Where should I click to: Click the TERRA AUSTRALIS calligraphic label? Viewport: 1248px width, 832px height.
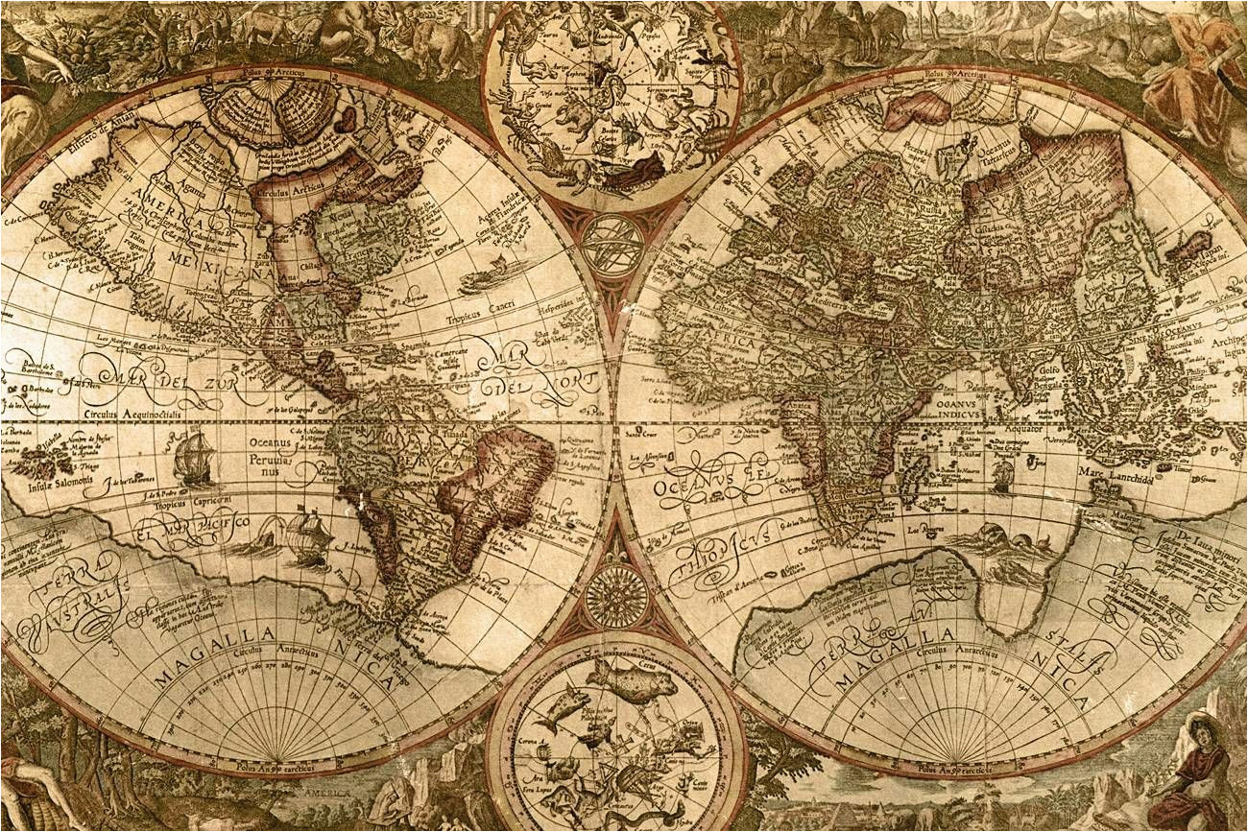coord(72,590)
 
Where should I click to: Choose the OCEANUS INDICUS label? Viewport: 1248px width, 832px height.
coord(961,407)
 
